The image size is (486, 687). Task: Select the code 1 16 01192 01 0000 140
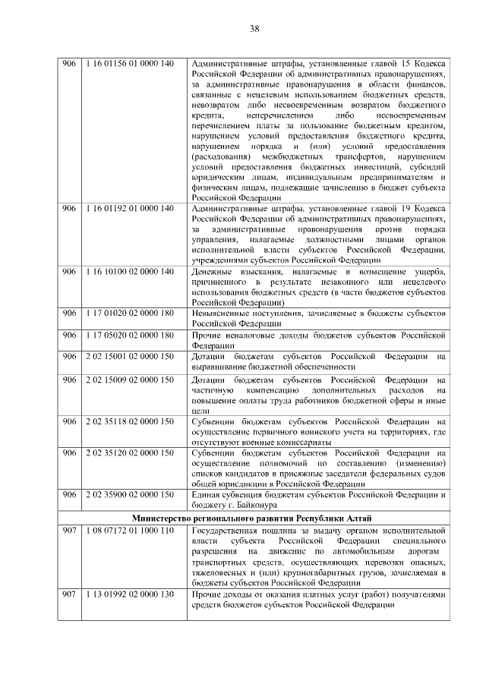[130, 208]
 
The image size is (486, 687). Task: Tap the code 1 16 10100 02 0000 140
[130, 272]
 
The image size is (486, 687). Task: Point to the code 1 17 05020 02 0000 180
[130, 336]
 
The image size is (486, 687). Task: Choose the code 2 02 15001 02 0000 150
[130, 357]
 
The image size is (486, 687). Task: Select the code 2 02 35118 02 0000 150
[130, 421]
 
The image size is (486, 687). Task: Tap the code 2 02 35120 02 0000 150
[130, 452]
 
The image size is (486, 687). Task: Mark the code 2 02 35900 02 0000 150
[130, 495]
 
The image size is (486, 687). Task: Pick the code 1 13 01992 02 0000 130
[130, 594]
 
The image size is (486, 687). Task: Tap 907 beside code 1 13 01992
[69, 594]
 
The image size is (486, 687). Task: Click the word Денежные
[212, 272]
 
